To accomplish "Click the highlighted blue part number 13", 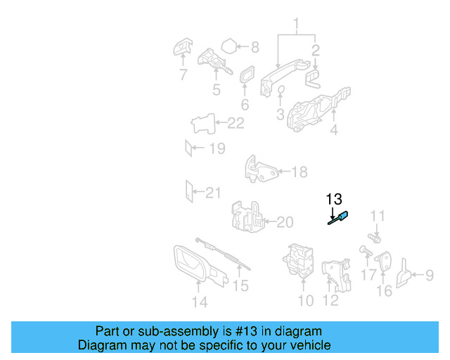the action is click(x=338, y=218).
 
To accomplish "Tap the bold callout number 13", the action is click(x=334, y=199).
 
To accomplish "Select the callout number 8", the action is click(x=255, y=47).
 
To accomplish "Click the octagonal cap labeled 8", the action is click(x=229, y=46).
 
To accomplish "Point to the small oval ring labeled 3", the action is click(x=281, y=89).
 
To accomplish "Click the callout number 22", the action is click(x=236, y=123).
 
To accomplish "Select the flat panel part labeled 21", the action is click(x=189, y=191).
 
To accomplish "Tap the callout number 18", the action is click(x=300, y=172).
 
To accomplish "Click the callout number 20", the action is click(x=285, y=222).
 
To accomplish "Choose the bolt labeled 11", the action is click(x=374, y=238).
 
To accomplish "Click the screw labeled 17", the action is click(x=366, y=251).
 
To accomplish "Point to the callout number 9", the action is click(x=430, y=275).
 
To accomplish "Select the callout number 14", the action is click(x=200, y=302).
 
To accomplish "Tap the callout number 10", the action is click(x=306, y=300).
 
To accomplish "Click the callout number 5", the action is click(x=217, y=89).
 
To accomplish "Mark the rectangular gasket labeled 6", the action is click(x=247, y=74).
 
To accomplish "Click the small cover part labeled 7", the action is click(x=183, y=46).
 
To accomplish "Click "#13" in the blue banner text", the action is click(x=246, y=331).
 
